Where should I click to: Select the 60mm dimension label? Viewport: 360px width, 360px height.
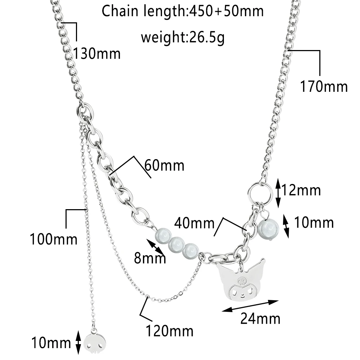point(164,166)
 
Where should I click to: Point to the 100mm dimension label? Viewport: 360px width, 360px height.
point(54,239)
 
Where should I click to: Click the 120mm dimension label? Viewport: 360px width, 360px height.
point(170,330)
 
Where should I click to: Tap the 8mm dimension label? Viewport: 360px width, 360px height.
point(150,258)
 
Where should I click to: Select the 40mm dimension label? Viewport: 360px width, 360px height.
point(194,223)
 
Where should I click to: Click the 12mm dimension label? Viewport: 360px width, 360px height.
point(301,189)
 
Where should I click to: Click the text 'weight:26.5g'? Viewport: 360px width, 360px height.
point(183,37)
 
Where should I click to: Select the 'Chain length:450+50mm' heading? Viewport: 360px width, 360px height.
point(183,12)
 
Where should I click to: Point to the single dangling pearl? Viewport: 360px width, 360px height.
point(267,228)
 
